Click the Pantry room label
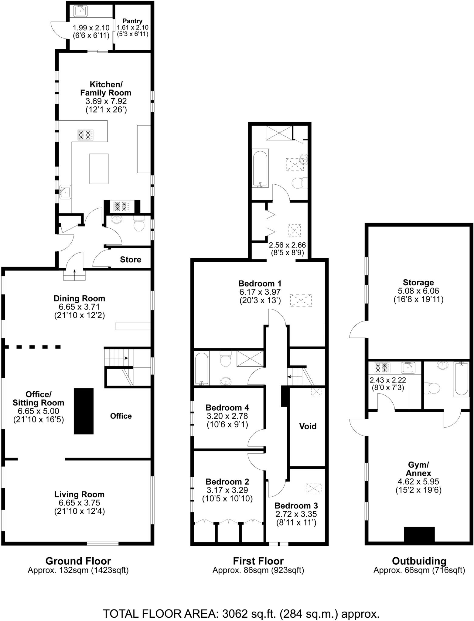pos(132,21)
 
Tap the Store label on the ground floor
pos(131,260)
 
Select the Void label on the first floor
pos(308,426)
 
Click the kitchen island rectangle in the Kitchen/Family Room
pos(99,169)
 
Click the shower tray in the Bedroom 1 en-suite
pos(279,133)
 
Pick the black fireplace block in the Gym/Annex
pos(419,534)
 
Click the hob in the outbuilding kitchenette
pos(381,368)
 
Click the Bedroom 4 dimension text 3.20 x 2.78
pos(227,416)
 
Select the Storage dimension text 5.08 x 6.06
pos(418,291)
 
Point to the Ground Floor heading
pos(78,561)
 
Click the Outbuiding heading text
pos(419,561)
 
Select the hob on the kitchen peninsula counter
pos(86,135)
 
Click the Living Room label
pos(79,494)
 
